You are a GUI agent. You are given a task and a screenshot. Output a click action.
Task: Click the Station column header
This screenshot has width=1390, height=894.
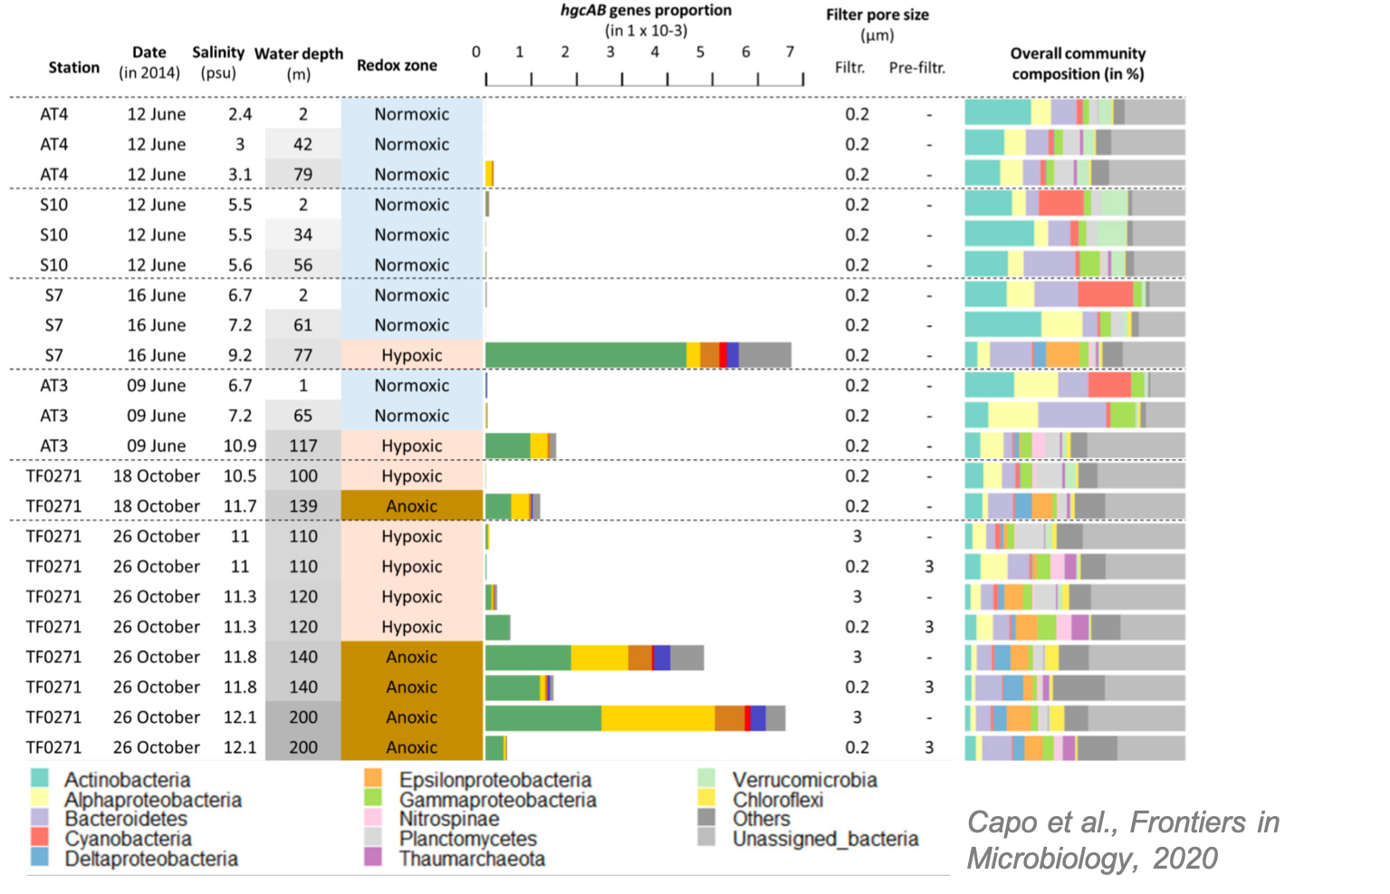pyautogui.click(x=74, y=67)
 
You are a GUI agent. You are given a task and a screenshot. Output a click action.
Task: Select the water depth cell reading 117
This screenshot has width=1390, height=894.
pyautogui.click(x=302, y=446)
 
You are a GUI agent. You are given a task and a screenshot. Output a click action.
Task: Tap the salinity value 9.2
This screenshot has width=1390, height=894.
pyautogui.click(x=240, y=355)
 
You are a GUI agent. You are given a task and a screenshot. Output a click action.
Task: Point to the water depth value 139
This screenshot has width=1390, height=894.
pyautogui.click(x=302, y=506)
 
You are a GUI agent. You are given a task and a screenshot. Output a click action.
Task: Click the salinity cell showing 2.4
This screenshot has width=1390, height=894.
pyautogui.click(x=240, y=114)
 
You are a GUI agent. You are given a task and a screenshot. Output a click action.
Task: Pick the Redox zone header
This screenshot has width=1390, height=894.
pyautogui.click(x=397, y=65)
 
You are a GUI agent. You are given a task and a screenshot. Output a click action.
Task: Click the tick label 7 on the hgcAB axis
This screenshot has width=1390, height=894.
pyautogui.click(x=790, y=52)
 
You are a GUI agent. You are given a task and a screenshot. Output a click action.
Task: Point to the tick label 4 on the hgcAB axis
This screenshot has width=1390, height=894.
pyautogui.click(x=655, y=52)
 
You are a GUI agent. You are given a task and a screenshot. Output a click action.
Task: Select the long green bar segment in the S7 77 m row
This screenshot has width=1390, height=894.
pyautogui.click(x=585, y=355)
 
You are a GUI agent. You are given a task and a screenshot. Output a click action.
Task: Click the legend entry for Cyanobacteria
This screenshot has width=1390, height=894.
pyautogui.click(x=128, y=839)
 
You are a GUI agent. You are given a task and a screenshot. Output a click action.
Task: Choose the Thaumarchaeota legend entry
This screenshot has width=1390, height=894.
pyautogui.click(x=472, y=859)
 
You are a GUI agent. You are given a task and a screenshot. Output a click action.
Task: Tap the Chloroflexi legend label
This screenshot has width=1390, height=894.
pyautogui.click(x=777, y=800)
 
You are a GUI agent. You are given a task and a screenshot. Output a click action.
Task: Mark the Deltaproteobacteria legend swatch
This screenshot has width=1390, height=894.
pyautogui.click(x=40, y=858)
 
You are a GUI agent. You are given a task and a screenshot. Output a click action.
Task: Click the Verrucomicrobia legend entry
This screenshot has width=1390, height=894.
pyautogui.click(x=804, y=780)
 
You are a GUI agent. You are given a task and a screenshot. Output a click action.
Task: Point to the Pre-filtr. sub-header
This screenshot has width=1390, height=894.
pyautogui.click(x=916, y=67)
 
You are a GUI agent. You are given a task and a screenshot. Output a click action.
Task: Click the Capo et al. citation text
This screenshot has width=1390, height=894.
pyautogui.click(x=1123, y=840)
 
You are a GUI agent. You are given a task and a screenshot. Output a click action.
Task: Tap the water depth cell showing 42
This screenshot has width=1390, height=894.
pyautogui.click(x=302, y=144)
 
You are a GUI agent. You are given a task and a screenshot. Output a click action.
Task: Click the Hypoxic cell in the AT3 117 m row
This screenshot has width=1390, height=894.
pyautogui.click(x=412, y=446)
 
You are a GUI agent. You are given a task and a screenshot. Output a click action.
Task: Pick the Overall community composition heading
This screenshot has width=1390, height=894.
pyautogui.click(x=1078, y=63)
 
